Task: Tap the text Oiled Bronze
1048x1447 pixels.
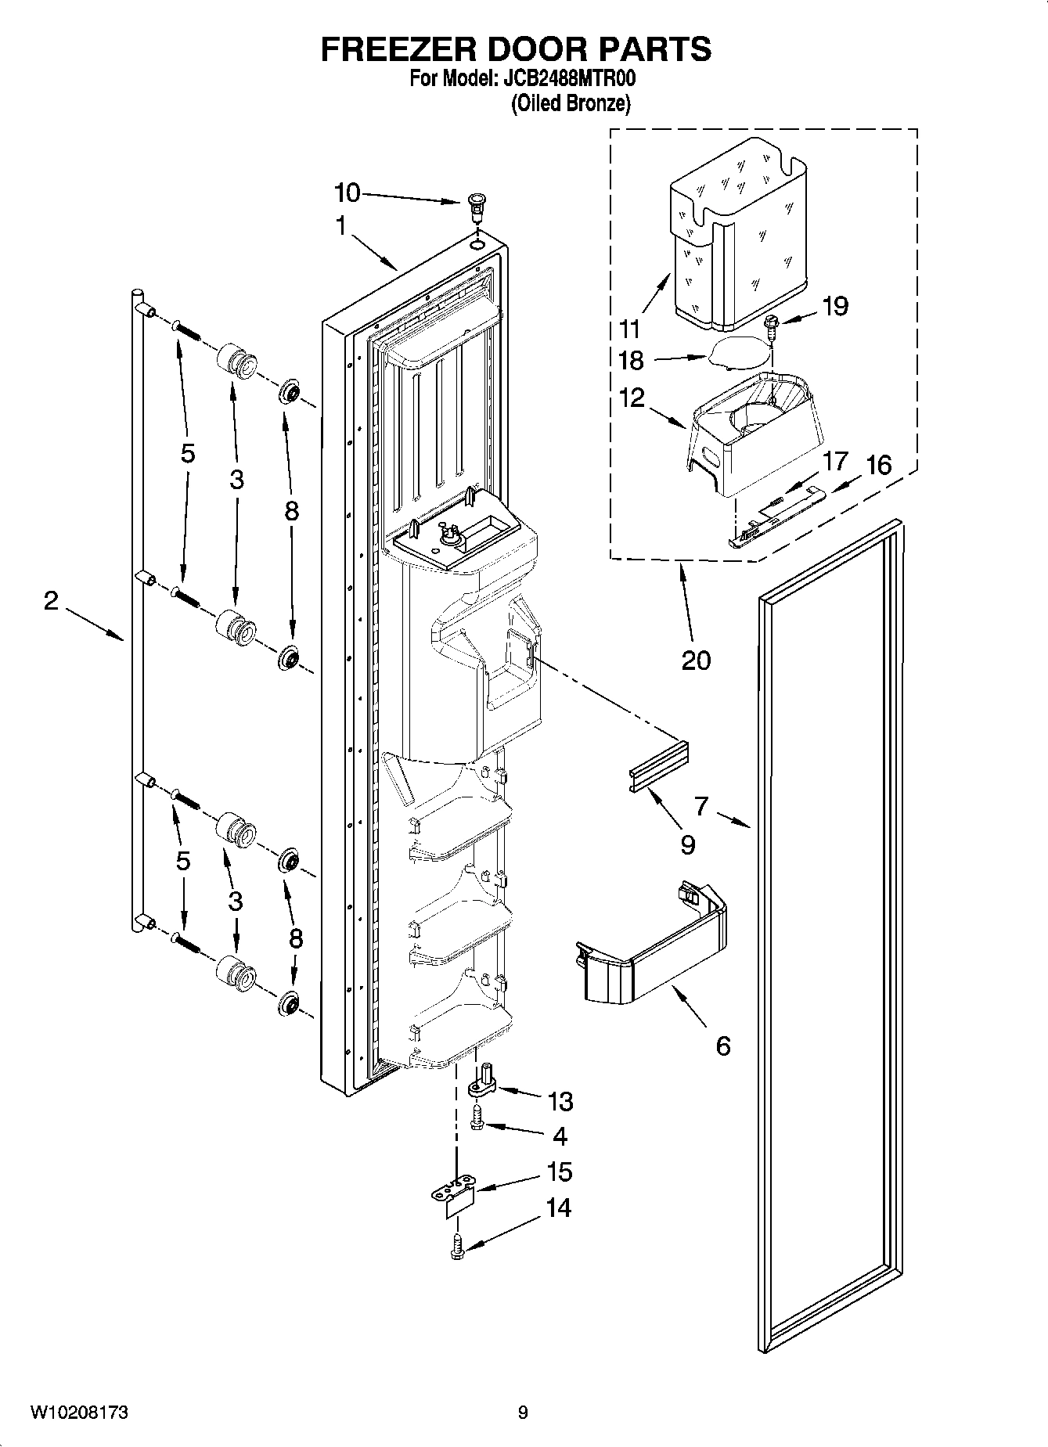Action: (570, 103)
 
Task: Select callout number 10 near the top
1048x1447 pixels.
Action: (347, 193)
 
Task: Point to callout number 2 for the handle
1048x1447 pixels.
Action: (51, 602)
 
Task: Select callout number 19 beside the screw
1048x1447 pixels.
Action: (835, 306)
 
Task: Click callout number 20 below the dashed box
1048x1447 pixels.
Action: (696, 660)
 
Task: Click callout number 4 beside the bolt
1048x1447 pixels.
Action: (559, 1136)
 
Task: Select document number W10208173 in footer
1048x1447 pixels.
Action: (80, 1413)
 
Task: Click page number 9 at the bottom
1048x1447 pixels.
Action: (523, 1413)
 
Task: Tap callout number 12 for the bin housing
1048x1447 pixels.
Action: (632, 398)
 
